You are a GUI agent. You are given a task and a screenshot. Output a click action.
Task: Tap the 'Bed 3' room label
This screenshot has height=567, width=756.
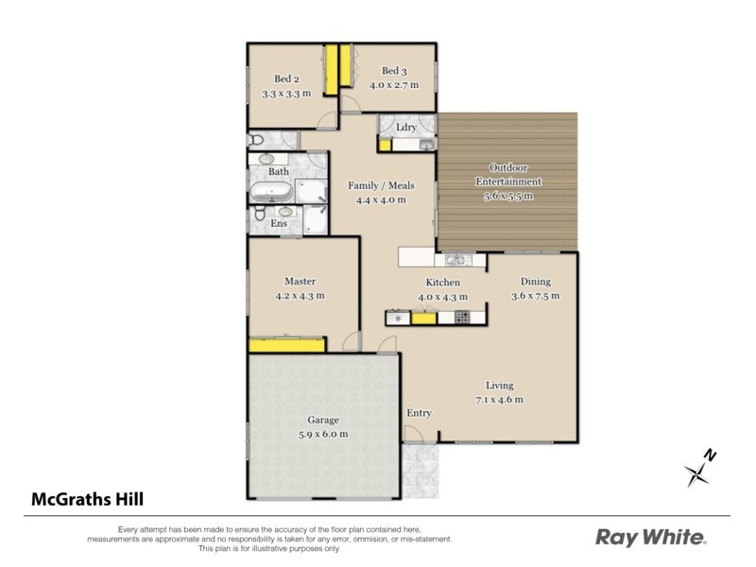tap(393, 71)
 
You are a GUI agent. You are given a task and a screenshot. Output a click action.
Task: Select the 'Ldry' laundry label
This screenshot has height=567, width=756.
tap(406, 127)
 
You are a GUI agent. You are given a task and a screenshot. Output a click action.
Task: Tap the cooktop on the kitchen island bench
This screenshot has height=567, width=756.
tap(463, 318)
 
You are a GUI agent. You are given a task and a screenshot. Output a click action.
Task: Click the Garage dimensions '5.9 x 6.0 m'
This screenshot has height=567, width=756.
tap(322, 434)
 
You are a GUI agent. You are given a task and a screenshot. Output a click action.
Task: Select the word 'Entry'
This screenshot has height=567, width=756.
tap(419, 414)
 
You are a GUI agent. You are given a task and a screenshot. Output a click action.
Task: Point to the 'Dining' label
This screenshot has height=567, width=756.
tap(536, 282)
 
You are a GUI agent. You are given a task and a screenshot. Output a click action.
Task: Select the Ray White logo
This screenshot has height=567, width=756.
tap(650, 538)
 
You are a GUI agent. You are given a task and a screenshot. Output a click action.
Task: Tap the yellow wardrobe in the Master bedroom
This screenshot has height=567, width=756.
tap(286, 344)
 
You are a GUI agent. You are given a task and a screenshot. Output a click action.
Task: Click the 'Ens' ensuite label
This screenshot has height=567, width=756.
tap(279, 224)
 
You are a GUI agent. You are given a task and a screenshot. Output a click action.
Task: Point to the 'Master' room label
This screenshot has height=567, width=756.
tap(300, 282)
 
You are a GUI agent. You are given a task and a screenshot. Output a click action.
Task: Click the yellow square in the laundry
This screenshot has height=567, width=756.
tap(386, 145)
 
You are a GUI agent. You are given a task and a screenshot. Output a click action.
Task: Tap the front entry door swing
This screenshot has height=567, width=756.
tap(413, 434)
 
